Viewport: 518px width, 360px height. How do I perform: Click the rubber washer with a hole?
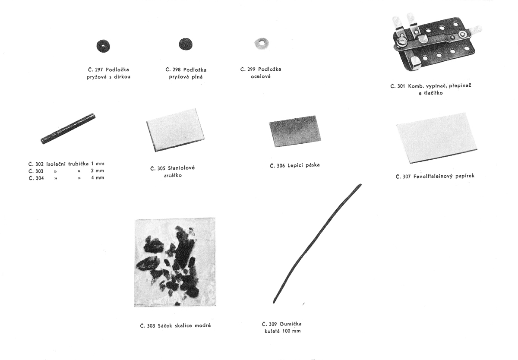point(103,46)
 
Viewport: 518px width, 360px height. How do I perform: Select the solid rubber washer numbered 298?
point(186,44)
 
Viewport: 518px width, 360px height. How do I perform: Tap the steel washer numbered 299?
point(262,44)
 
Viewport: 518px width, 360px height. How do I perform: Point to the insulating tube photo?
point(68,129)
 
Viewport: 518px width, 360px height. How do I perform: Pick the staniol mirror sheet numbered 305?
point(176,130)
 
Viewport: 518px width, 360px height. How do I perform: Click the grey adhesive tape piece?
point(295,131)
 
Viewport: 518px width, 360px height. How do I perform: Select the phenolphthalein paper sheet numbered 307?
point(437,138)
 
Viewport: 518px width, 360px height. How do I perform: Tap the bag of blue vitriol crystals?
point(175,262)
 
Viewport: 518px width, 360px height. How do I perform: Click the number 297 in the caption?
point(99,70)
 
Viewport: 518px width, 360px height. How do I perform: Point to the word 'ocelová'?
point(261,76)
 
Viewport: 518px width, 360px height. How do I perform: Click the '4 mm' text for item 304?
point(98,178)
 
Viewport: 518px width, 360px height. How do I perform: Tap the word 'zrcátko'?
point(173,176)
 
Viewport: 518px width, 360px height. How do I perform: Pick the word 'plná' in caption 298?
point(197,77)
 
